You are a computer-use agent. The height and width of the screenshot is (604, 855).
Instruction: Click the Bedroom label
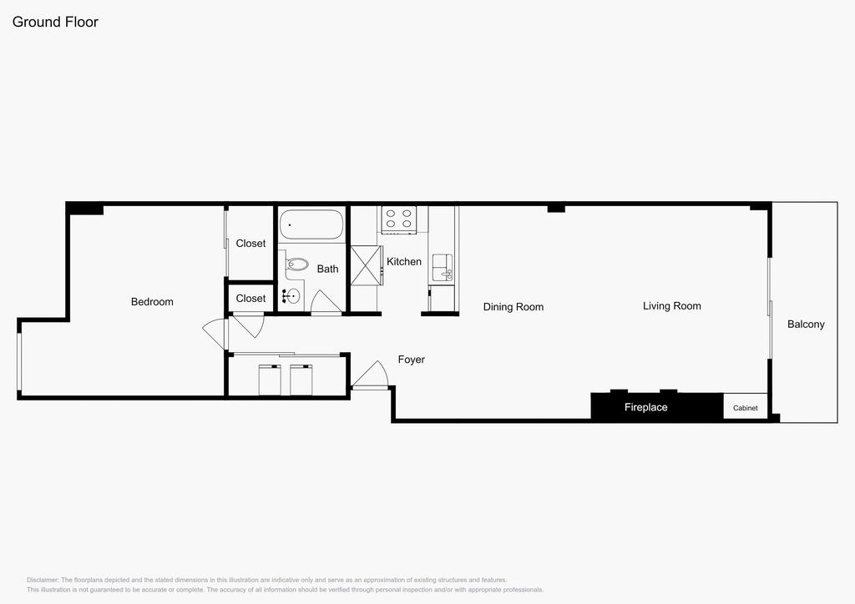point(152,301)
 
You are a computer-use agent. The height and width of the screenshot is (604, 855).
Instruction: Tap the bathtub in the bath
point(311,224)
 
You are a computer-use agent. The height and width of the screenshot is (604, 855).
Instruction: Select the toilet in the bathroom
point(296,266)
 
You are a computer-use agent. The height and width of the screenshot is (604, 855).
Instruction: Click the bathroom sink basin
point(291,295)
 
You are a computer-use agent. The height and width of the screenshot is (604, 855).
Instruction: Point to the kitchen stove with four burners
point(399,220)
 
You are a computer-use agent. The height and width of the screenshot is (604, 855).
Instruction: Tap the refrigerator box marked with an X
point(366,265)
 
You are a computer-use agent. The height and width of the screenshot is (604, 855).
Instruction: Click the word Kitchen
point(404,262)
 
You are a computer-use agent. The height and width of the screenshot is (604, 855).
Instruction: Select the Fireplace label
point(646,407)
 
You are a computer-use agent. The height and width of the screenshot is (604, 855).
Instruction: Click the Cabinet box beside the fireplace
point(746,407)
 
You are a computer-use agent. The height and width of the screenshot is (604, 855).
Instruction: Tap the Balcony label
point(806,324)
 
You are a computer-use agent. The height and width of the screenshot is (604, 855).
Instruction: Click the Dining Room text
point(514,307)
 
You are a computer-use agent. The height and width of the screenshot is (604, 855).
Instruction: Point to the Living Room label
point(672,306)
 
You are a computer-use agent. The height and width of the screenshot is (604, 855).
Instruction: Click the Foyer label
point(411,360)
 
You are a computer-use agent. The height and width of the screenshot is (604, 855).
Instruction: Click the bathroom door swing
point(326,302)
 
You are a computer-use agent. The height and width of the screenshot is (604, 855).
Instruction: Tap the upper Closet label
point(250,244)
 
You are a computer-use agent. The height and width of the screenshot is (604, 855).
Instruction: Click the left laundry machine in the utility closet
point(270,380)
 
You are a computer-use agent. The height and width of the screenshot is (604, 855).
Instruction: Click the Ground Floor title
point(55,22)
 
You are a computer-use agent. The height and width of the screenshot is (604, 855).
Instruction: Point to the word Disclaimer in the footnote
point(42,580)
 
